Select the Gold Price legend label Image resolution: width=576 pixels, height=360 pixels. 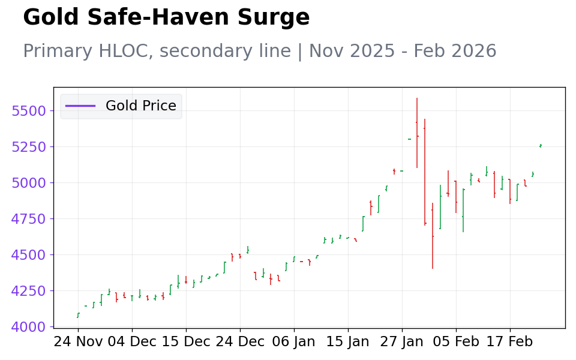click(x=140, y=106)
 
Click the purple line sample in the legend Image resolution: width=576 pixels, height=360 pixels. click(x=80, y=106)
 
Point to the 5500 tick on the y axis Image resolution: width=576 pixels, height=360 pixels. click(x=29, y=110)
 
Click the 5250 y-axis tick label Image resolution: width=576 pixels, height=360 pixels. click(x=29, y=146)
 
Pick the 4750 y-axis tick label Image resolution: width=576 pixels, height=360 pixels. click(x=29, y=218)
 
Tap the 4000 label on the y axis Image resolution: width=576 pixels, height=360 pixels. click(x=29, y=326)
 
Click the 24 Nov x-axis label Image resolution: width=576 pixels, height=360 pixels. click(x=78, y=341)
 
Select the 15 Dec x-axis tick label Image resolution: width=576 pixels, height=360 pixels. click(x=186, y=341)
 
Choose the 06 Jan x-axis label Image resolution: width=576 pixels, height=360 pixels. click(x=294, y=341)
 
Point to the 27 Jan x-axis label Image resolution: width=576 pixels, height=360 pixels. click(x=402, y=341)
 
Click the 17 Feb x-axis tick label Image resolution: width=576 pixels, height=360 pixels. click(x=510, y=341)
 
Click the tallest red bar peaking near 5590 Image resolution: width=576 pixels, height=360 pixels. click(x=417, y=133)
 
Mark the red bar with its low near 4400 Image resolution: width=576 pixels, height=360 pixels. click(x=433, y=236)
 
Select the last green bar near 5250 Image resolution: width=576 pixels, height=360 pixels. click(x=541, y=146)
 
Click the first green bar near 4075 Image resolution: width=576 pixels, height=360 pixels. click(x=78, y=315)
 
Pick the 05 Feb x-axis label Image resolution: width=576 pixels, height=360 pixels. click(x=456, y=341)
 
